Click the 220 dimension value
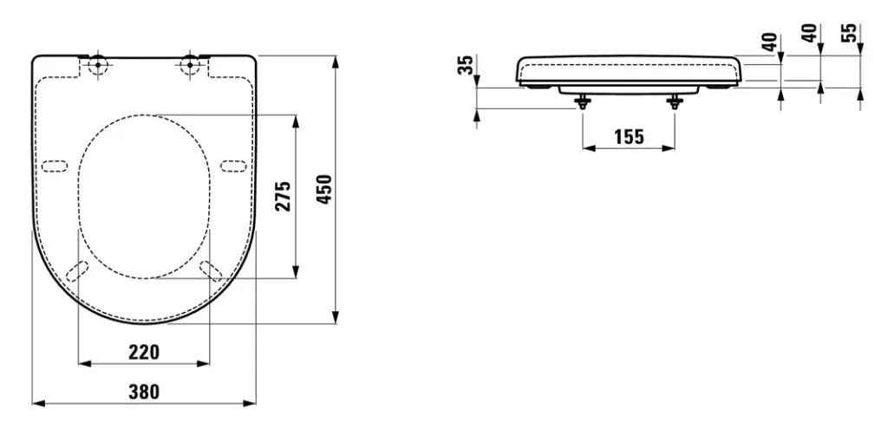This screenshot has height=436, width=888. [x=144, y=352]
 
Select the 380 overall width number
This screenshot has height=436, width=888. [x=144, y=392]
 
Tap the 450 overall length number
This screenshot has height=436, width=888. [x=323, y=190]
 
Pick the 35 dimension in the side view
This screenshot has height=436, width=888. [x=467, y=65]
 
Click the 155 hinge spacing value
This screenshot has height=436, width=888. [x=629, y=137]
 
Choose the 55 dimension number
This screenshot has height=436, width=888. [x=850, y=33]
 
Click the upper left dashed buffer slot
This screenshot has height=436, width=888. [x=55, y=165]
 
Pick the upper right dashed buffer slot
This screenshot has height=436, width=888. [x=233, y=165]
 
